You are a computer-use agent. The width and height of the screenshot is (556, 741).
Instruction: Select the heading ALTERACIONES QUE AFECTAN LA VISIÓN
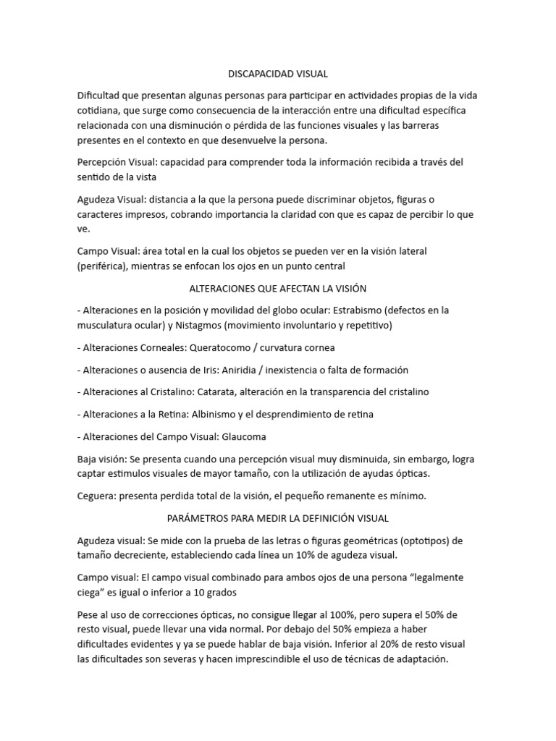click(x=278, y=288)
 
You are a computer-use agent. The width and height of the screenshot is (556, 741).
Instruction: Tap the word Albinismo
click(x=216, y=415)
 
